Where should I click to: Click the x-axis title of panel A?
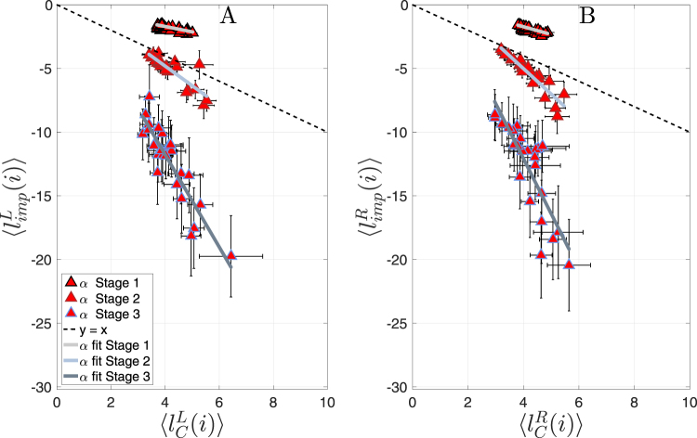(192, 422)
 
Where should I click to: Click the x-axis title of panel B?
(549, 422)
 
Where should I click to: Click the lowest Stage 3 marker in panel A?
(231, 255)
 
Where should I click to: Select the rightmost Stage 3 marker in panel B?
(569, 264)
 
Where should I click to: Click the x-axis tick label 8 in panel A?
(273, 400)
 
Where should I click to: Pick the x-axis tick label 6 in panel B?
(578, 400)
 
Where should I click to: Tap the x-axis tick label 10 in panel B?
(688, 400)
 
